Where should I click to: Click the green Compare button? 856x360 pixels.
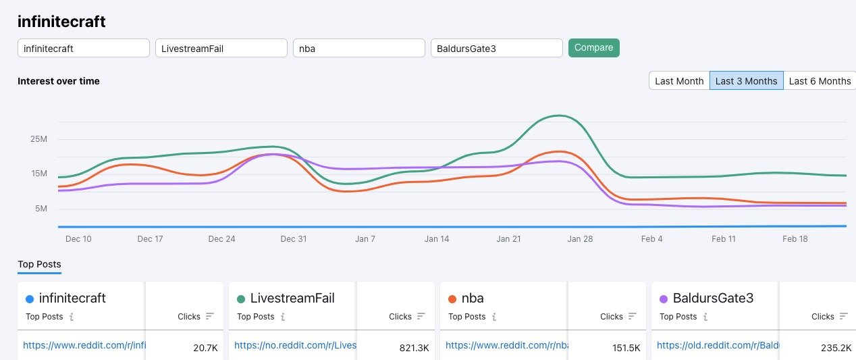point(593,48)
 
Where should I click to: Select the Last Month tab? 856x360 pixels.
point(679,81)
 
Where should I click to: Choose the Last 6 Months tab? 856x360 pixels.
point(820,81)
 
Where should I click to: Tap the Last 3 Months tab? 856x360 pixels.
point(746,81)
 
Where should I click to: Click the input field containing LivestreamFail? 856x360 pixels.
point(221,48)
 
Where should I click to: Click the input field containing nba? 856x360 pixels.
point(358,48)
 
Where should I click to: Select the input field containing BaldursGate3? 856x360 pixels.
point(496,48)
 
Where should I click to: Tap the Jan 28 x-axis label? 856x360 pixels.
point(580,239)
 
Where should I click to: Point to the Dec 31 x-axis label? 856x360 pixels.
point(294,239)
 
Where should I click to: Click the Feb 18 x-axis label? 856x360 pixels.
point(795,239)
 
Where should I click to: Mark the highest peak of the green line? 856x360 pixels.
point(559,115)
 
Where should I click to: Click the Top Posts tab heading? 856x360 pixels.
point(39,264)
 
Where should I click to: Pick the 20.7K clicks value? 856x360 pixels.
point(206,348)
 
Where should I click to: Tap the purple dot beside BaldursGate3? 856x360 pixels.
point(663,299)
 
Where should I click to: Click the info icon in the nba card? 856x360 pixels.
point(494,316)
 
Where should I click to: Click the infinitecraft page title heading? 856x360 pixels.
point(61,22)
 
